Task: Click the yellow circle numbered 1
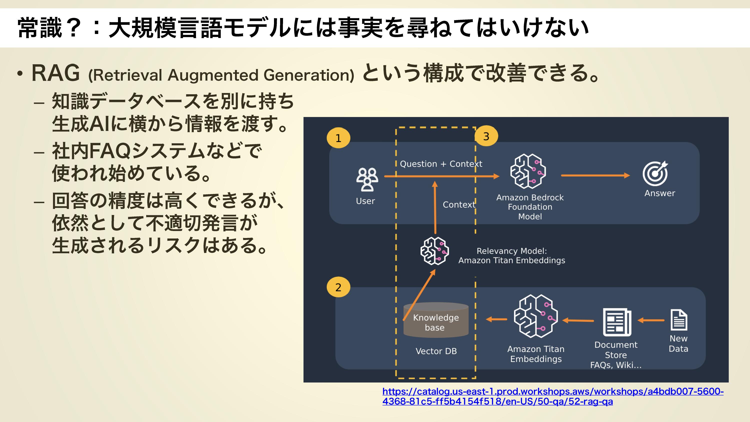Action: pyautogui.click(x=338, y=138)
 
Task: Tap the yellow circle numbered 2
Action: pyautogui.click(x=338, y=287)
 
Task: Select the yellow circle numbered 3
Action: pyautogui.click(x=486, y=136)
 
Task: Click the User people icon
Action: pyautogui.click(x=367, y=179)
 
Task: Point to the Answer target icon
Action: pyautogui.click(x=655, y=173)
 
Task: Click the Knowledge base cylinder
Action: pyautogui.click(x=436, y=320)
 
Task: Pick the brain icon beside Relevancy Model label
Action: pyautogui.click(x=434, y=251)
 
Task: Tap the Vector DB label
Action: pyautogui.click(x=436, y=351)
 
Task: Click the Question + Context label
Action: pyautogui.click(x=441, y=164)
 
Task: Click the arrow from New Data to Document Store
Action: pyautogui.click(x=651, y=320)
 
